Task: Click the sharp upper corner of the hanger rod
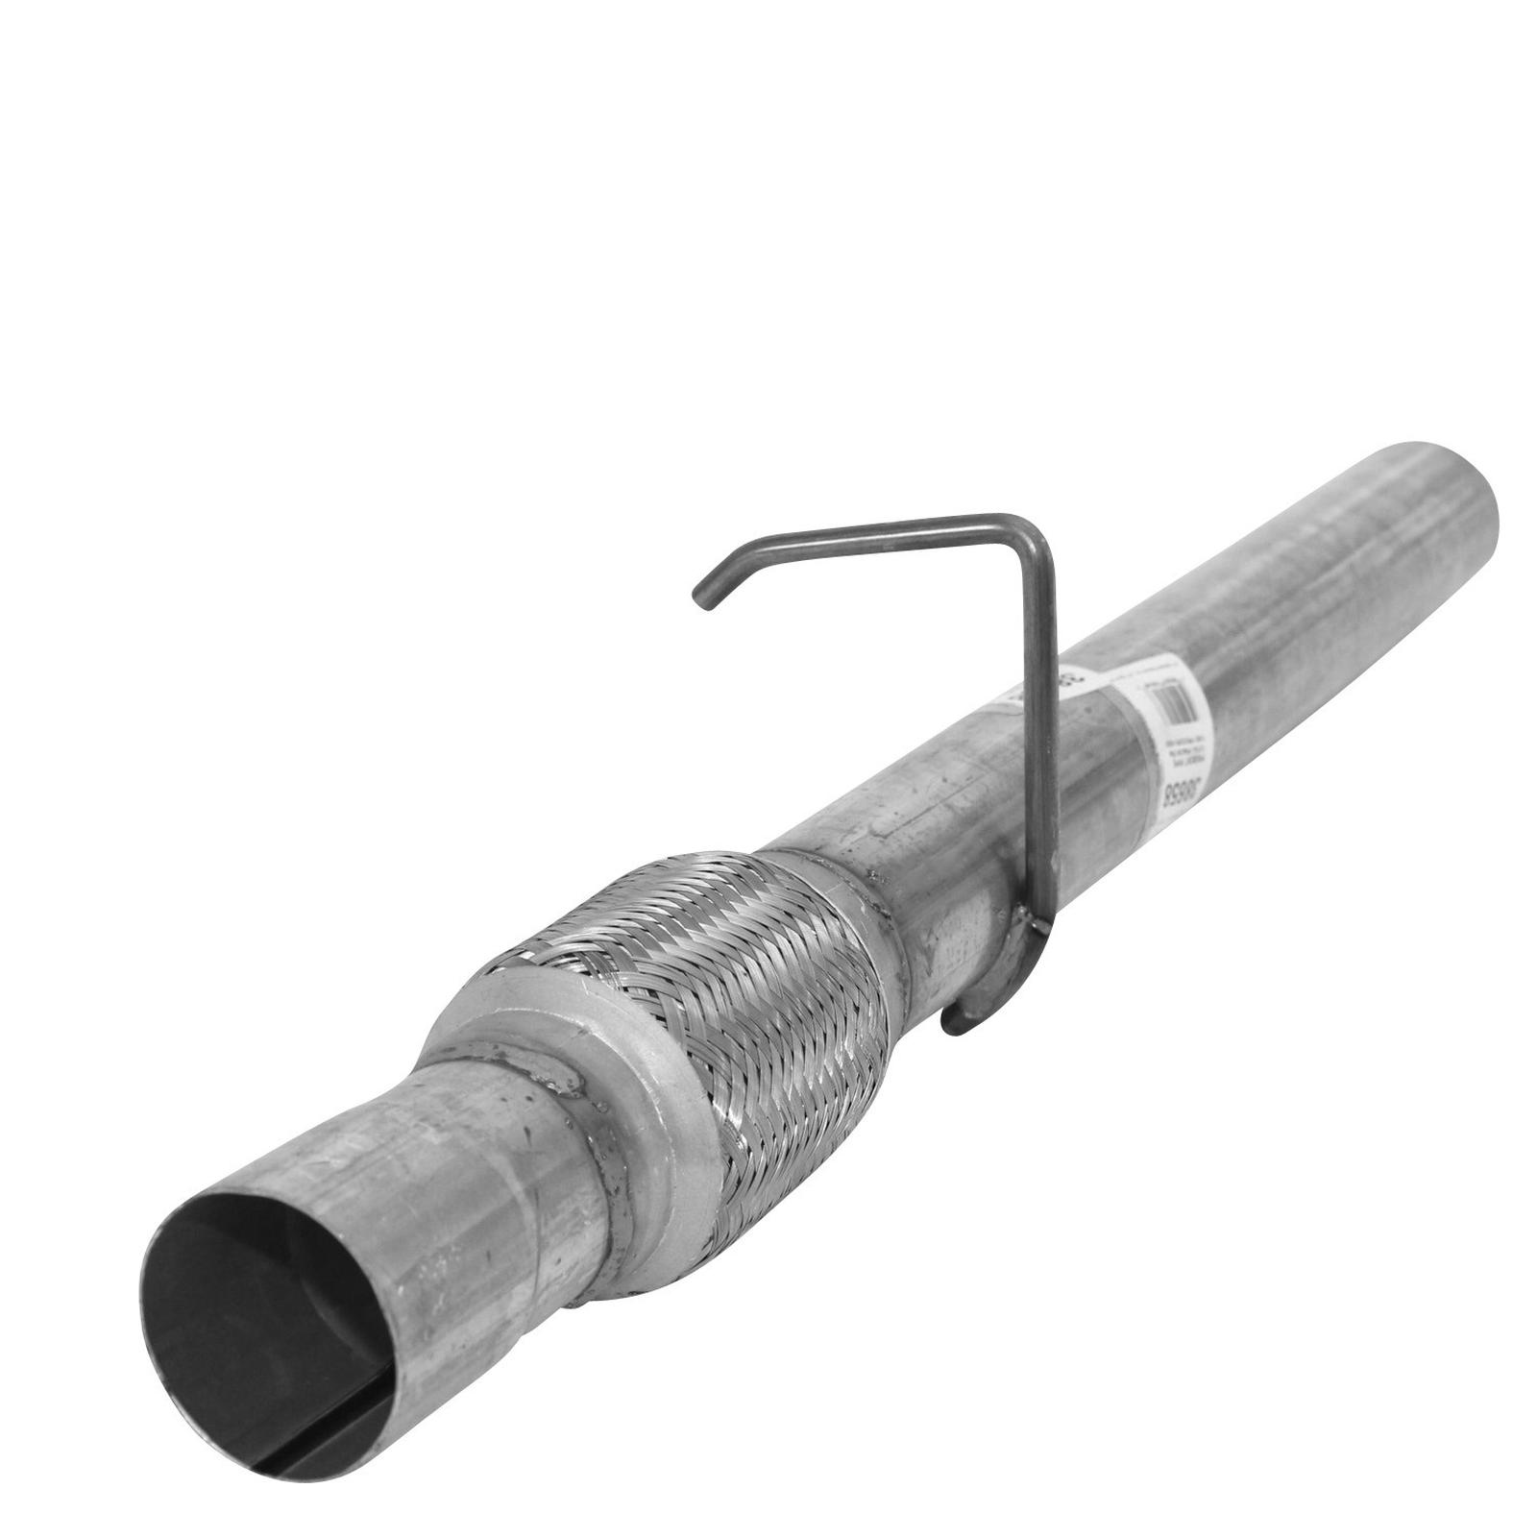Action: [1033, 527]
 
